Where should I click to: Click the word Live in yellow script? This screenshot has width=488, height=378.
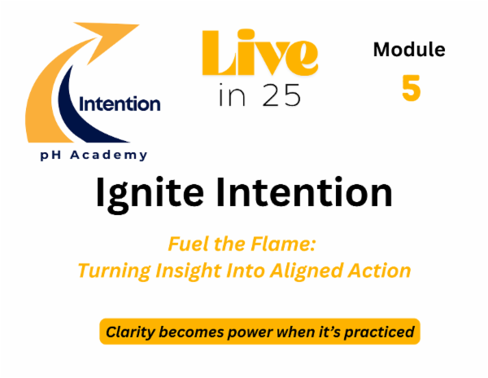256,56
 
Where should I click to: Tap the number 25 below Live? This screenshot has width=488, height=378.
280,94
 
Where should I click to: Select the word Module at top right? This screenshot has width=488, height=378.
409,50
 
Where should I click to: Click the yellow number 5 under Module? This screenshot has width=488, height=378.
411,89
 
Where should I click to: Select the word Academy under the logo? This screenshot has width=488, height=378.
117,155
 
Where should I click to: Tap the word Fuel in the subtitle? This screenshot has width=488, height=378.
185,244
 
